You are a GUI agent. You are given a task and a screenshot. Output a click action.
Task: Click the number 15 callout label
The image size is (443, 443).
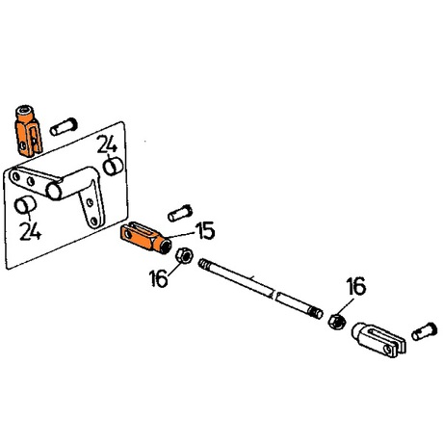(x=206, y=230)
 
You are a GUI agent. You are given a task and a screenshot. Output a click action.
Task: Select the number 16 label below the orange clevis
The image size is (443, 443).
(x=159, y=278)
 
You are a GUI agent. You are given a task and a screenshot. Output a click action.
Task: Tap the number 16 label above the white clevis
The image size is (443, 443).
(x=355, y=286)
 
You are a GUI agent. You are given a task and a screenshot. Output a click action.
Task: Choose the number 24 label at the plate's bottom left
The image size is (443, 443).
(x=30, y=231)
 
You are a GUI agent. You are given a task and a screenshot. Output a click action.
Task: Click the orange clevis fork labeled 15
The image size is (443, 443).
(x=145, y=238)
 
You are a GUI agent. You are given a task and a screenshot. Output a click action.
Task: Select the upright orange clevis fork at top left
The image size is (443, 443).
(x=28, y=131)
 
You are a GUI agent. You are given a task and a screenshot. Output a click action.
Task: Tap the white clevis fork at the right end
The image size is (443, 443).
(x=378, y=340)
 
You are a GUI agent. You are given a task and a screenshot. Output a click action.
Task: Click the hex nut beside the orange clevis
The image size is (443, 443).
(x=184, y=256)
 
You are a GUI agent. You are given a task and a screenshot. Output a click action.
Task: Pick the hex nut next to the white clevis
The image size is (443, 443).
(x=337, y=321)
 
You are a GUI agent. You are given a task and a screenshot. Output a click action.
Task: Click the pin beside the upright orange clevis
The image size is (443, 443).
(x=64, y=126)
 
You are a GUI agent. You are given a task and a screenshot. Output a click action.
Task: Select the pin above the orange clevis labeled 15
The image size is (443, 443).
(x=180, y=213)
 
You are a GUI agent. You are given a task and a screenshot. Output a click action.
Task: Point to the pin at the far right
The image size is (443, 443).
(x=425, y=331)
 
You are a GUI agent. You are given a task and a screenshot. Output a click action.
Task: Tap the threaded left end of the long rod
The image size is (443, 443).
(x=204, y=265)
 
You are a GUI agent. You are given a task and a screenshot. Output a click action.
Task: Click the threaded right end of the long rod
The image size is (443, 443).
(x=316, y=312)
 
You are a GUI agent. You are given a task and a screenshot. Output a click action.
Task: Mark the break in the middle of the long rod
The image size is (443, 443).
(x=274, y=294)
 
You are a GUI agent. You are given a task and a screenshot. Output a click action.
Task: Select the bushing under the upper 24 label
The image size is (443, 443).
(x=113, y=167)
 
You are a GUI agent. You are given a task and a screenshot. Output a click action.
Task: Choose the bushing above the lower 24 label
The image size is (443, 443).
(x=25, y=205)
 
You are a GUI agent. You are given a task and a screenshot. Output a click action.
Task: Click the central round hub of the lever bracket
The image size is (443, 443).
(x=54, y=191)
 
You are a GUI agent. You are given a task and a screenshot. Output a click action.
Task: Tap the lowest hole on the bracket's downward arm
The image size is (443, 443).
(x=93, y=221)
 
